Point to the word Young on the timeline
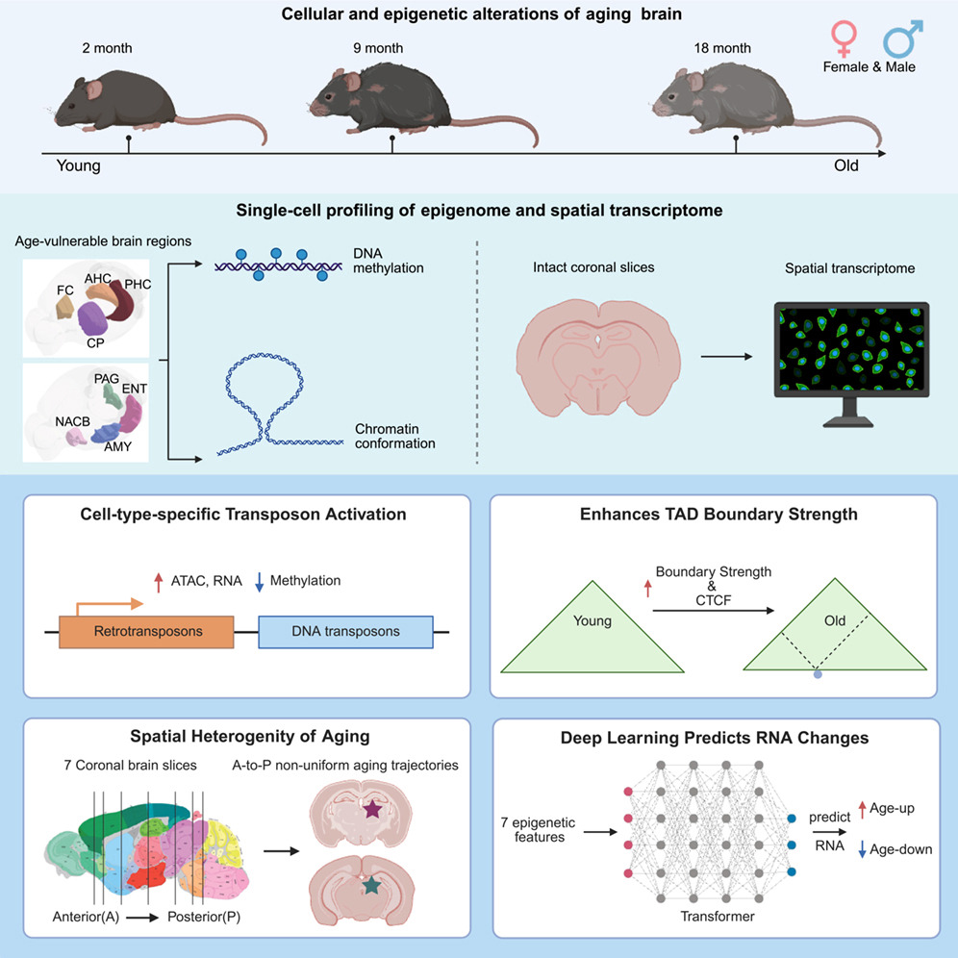coord(78,165)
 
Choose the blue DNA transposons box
coord(345,631)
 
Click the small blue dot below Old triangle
coord(818,676)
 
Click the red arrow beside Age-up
coord(862,814)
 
